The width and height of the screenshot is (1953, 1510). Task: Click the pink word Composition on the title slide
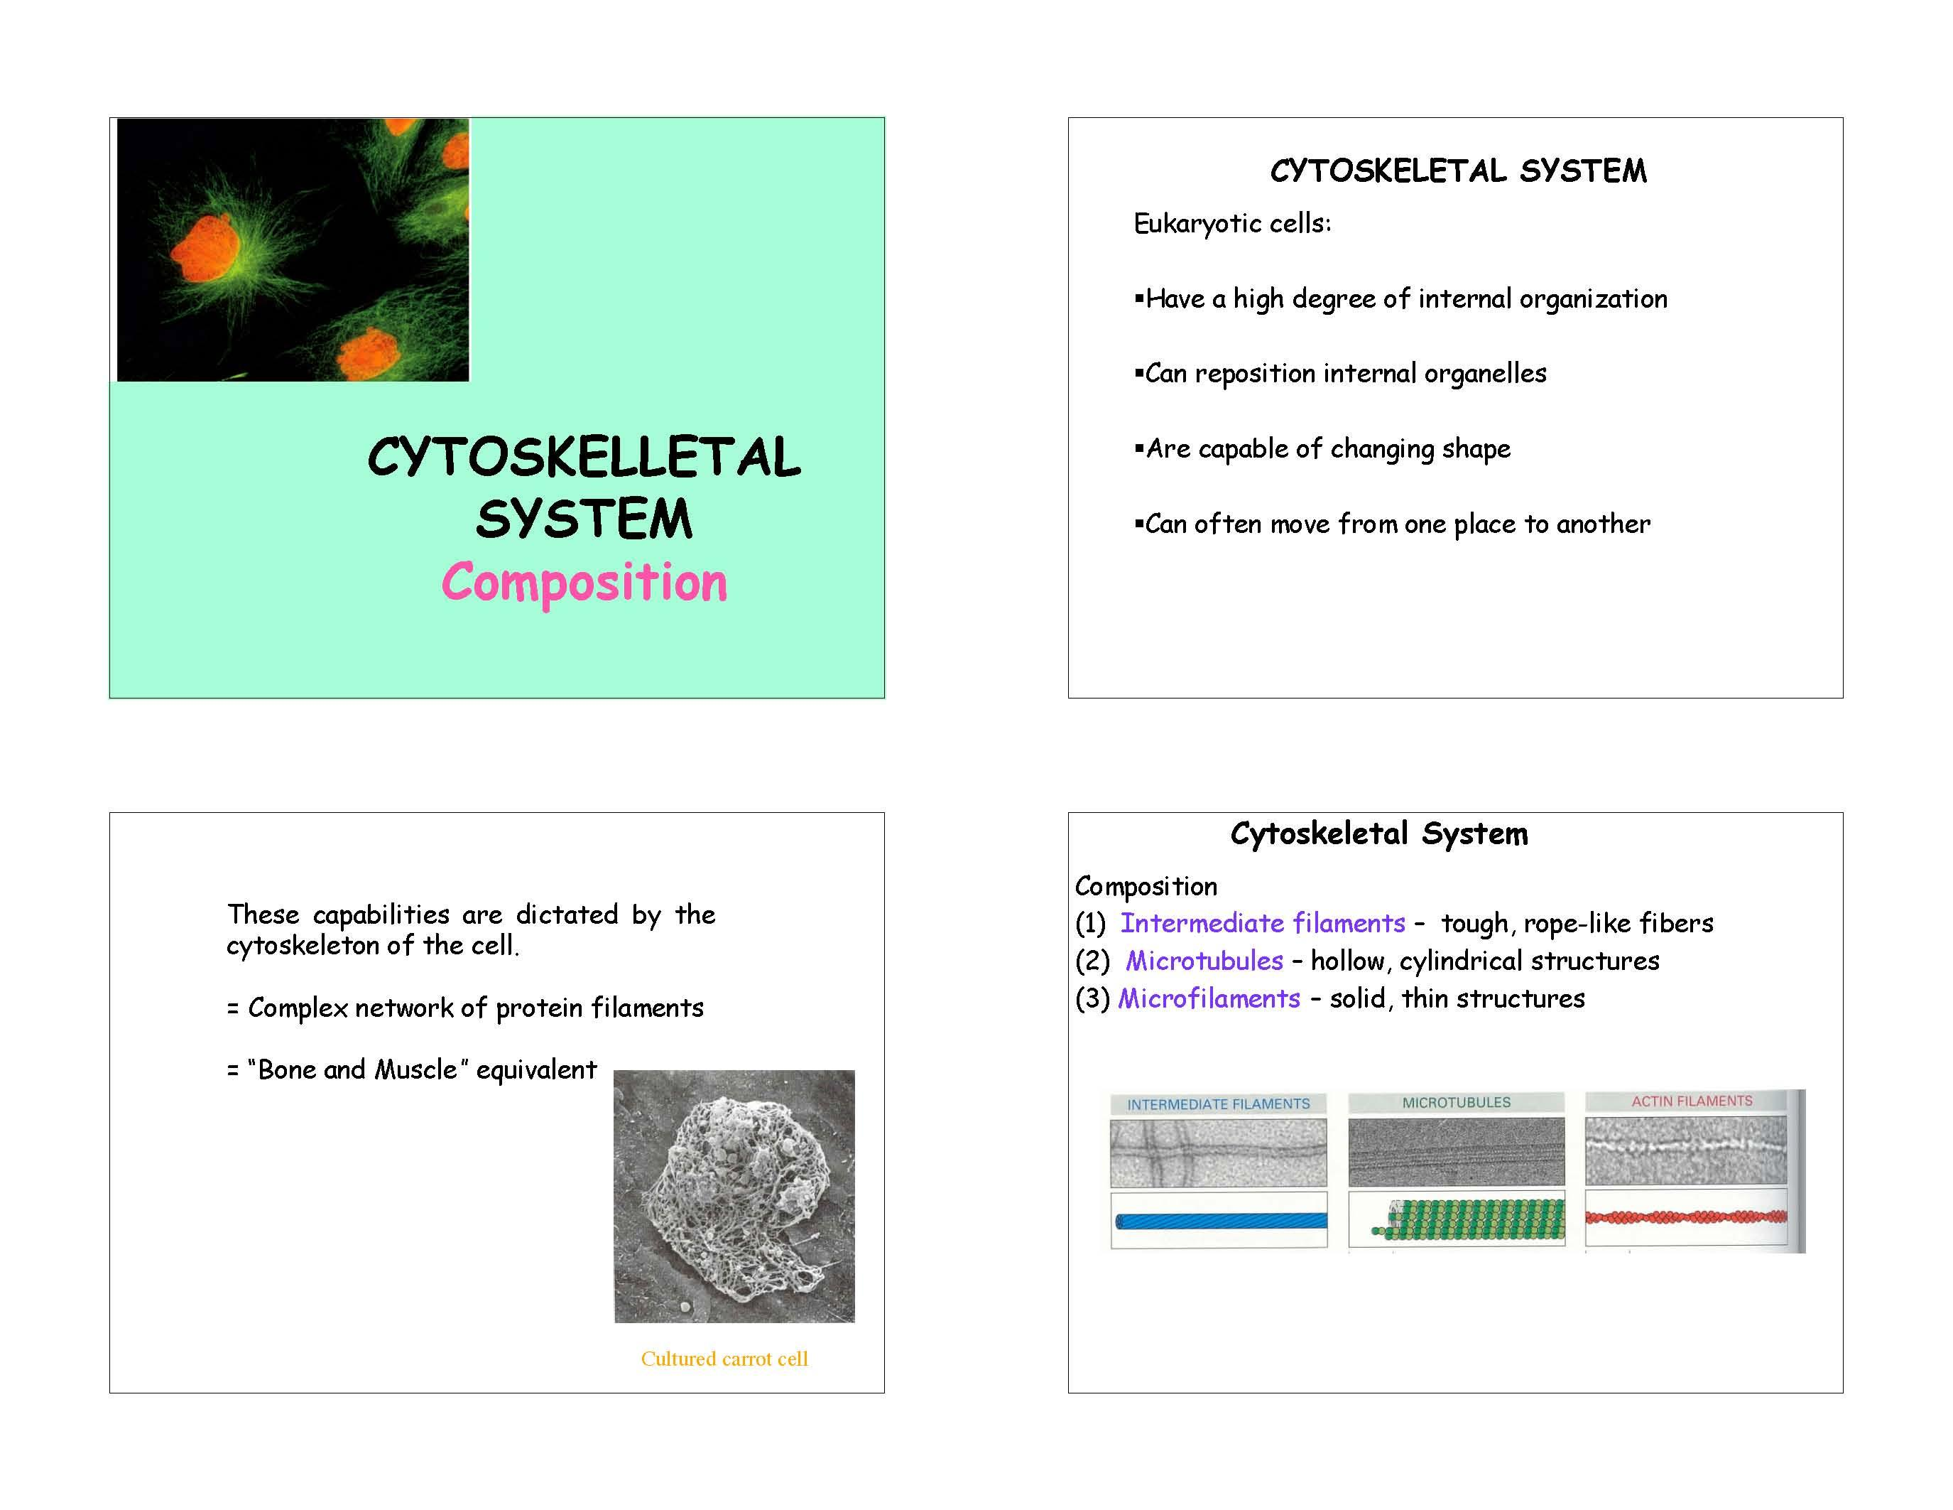tap(584, 583)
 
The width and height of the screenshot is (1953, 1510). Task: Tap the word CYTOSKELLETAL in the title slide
tap(584, 458)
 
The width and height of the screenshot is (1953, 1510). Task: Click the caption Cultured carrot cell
tap(724, 1359)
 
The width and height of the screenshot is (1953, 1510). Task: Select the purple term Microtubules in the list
tap(1204, 961)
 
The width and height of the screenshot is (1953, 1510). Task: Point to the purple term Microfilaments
tap(1209, 998)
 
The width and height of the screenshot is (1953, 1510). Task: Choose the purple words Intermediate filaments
tap(1263, 923)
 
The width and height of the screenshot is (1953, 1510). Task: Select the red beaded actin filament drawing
tap(1687, 1217)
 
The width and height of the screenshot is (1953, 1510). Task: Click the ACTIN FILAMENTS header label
tap(1692, 1101)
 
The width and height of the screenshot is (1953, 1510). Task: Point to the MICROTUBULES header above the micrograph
tap(1456, 1103)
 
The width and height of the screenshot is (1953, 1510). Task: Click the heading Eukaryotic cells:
tap(1232, 224)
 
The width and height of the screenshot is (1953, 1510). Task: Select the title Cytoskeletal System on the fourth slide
tap(1379, 834)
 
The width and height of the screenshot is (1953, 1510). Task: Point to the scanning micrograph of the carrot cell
tap(734, 1196)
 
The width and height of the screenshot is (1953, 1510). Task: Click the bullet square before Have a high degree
tap(1139, 298)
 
